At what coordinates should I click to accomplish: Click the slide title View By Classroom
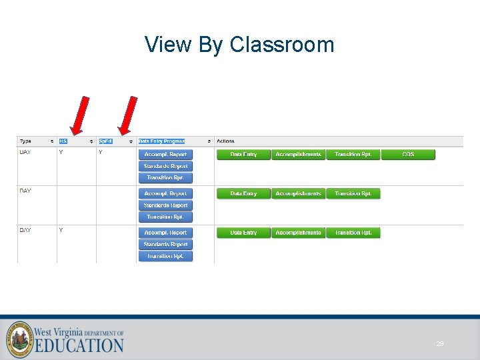239,45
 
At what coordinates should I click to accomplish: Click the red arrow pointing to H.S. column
80,115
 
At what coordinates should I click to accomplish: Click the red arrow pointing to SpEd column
127,115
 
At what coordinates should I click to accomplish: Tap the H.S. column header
63,141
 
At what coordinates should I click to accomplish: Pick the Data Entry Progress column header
161,141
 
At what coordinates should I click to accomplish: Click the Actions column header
225,141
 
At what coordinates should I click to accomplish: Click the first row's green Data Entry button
243,155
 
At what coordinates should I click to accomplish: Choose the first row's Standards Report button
165,166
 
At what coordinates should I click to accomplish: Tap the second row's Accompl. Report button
165,194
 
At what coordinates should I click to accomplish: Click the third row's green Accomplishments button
298,233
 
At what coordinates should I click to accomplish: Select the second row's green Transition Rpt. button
353,194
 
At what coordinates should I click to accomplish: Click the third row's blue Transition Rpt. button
165,256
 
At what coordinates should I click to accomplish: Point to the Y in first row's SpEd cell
101,153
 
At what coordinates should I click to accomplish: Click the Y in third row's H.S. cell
61,231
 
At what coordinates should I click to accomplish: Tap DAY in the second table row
25,191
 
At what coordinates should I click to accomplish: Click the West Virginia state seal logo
20,339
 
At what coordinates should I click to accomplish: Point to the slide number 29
440,344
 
